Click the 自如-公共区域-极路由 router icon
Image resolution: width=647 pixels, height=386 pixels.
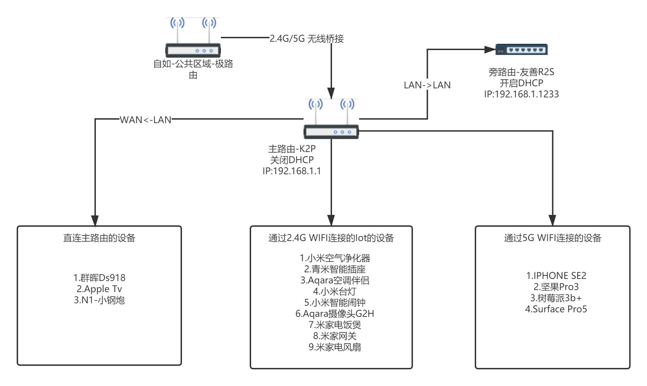pos(193,38)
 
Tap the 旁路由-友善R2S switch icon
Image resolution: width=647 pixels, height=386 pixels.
pos(521,50)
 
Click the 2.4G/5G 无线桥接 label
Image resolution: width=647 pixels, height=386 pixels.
pos(307,38)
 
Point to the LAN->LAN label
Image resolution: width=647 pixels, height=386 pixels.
pos(427,85)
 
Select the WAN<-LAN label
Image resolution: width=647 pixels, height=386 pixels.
pos(146,120)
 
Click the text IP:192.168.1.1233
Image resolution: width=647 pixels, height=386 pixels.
pos(521,94)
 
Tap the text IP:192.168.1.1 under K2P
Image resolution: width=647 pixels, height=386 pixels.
pos(292,171)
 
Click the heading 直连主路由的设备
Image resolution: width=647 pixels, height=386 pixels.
pos(99,238)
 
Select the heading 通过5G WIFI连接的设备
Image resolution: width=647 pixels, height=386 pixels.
pos(553,238)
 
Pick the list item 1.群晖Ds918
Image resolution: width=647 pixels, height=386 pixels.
pos(99,278)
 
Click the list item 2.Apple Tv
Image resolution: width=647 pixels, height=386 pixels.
pos(99,289)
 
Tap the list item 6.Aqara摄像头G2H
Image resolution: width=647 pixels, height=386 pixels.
pos(335,314)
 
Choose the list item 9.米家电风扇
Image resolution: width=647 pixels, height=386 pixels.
pos(335,347)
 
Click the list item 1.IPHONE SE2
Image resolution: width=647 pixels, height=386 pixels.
pos(556,276)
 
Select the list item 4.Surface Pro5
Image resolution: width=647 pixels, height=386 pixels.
pos(556,309)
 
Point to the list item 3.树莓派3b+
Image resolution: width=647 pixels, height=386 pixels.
pos(556,298)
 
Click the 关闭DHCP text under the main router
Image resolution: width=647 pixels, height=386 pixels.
pos(292,160)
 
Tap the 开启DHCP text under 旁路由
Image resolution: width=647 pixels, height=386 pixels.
pos(521,83)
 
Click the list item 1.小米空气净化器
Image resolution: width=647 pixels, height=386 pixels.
pos(335,258)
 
